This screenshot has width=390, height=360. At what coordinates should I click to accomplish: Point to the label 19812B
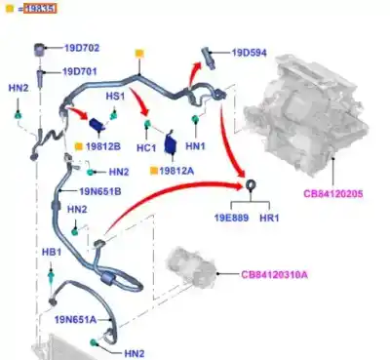[x=103, y=146]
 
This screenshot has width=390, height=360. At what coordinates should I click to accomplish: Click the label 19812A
[x=178, y=170]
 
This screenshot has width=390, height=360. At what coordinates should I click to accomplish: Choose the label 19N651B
[x=100, y=191]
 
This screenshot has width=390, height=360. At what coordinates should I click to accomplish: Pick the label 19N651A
[x=75, y=319]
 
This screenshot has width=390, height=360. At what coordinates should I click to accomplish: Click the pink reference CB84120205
[x=332, y=194]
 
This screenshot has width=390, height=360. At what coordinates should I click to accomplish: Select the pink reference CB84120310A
[x=276, y=274]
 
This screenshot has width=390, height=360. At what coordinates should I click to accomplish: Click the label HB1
[x=51, y=252]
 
